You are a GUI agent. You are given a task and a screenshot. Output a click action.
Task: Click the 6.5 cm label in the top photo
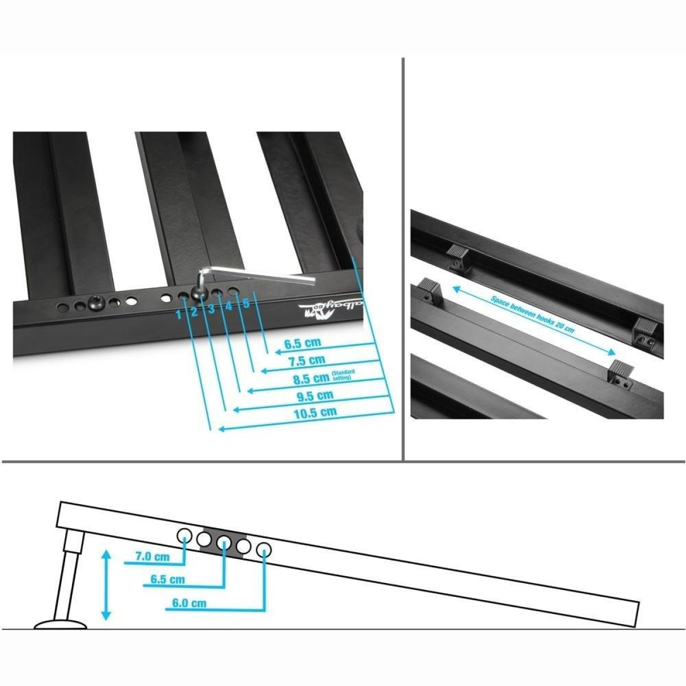click(x=303, y=344)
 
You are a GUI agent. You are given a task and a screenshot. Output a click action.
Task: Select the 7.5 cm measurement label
click(x=307, y=360)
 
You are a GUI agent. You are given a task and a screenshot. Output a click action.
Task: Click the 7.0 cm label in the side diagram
click(x=152, y=556)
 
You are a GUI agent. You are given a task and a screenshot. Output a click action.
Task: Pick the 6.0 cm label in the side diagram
click(x=189, y=603)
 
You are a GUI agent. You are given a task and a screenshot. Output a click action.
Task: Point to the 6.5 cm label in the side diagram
click(x=167, y=580)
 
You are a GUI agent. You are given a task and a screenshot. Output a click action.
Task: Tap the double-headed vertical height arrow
click(x=105, y=584)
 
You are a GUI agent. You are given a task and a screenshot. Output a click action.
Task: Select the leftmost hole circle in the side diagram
click(x=185, y=536)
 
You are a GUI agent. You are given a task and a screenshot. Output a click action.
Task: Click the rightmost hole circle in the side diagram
click(x=264, y=550)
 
